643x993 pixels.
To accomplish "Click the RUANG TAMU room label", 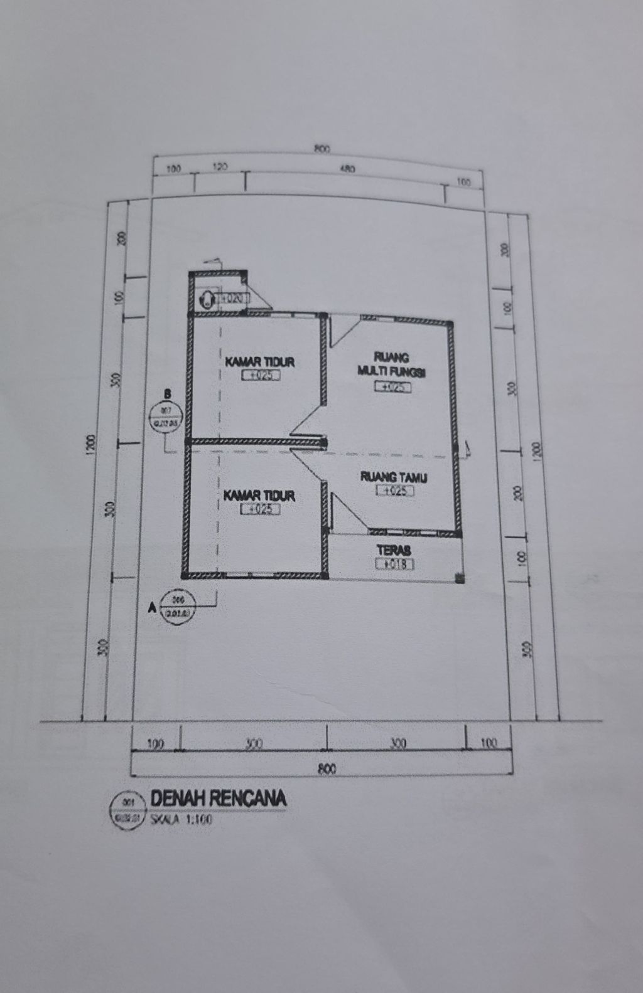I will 394,477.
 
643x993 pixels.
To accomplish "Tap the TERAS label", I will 394,550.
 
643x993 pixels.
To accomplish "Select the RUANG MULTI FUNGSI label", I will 392,365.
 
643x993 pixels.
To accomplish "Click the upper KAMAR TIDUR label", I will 260,362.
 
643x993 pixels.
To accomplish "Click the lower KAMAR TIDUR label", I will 259,496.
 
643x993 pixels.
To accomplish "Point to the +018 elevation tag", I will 394,564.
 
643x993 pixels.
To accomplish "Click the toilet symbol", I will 205,299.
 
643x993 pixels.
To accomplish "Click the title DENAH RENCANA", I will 218,799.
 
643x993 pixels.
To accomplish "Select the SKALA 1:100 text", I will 181,819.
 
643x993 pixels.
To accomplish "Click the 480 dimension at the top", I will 347,169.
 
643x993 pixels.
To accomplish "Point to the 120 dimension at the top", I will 220,167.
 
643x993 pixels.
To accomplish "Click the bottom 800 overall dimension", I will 327,768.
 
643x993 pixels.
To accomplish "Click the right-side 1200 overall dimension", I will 536,449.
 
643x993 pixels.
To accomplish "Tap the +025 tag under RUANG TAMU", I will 394,491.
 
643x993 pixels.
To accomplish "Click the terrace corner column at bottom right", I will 460,579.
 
